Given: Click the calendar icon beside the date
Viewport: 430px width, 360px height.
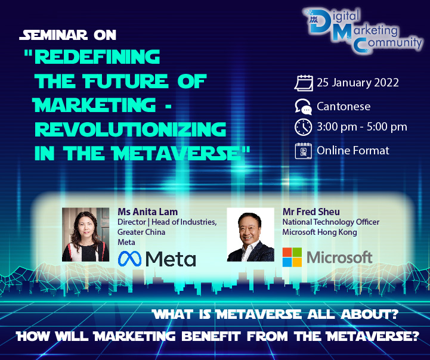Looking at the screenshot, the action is [x=304, y=83].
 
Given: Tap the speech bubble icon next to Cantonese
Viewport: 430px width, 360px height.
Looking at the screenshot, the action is [x=304, y=106].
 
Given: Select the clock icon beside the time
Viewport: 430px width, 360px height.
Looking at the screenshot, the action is [x=304, y=127].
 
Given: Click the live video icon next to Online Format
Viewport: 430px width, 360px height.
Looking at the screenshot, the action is [x=304, y=151].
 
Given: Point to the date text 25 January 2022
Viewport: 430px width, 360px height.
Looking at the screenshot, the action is [x=358, y=82].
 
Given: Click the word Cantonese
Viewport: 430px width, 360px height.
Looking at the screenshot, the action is [x=344, y=106].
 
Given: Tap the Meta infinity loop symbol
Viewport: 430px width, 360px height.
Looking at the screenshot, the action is [x=129, y=259].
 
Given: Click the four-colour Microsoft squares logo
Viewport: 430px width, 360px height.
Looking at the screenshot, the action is [x=292, y=257].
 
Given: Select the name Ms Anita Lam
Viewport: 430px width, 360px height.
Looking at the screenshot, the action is [x=147, y=212].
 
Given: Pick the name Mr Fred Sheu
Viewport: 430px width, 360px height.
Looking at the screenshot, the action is [x=311, y=212].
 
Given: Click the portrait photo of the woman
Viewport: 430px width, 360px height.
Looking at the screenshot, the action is [x=85, y=234].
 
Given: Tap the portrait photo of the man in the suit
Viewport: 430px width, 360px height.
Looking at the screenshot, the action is [x=250, y=234].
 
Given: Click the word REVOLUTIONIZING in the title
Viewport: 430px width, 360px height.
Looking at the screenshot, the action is [x=131, y=129].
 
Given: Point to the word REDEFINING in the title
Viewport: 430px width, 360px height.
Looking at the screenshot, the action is [x=97, y=57].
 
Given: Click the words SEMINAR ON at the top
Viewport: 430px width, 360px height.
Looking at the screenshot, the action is [x=68, y=35].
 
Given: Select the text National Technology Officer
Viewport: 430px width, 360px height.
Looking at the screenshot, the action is [x=331, y=222].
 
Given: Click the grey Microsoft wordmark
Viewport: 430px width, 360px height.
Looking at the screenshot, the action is [x=339, y=257].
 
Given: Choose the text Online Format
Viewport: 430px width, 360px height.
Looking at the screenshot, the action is [x=353, y=150].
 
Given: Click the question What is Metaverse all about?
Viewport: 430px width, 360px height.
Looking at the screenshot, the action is [x=276, y=314].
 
